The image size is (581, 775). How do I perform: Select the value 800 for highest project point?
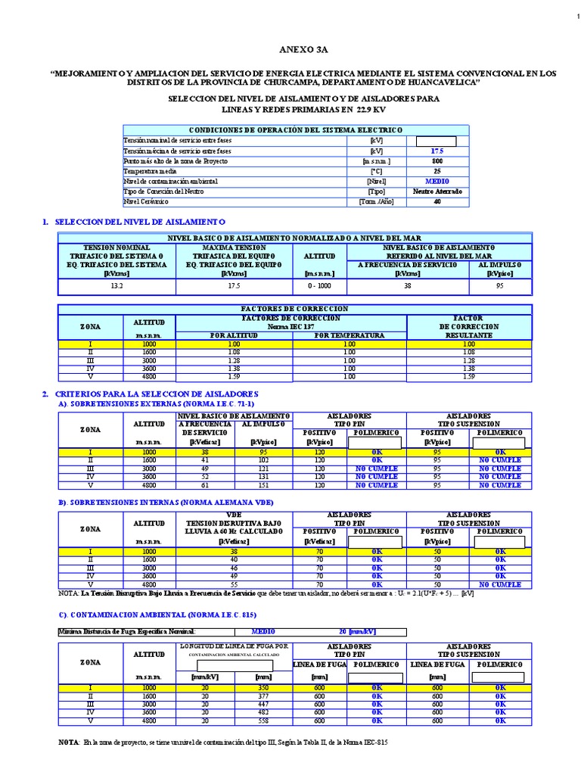click(x=437, y=161)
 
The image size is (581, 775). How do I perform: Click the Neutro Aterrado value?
click(x=437, y=191)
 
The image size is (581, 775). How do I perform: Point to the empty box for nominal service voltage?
click(x=437, y=141)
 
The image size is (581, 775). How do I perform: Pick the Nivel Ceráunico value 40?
click(x=437, y=202)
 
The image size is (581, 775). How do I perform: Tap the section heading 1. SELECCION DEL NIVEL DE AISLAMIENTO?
click(x=135, y=222)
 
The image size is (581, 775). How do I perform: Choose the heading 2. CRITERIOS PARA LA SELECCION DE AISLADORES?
click(x=150, y=395)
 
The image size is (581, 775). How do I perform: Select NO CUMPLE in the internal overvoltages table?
click(x=500, y=584)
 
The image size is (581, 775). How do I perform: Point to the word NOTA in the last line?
click(x=69, y=742)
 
